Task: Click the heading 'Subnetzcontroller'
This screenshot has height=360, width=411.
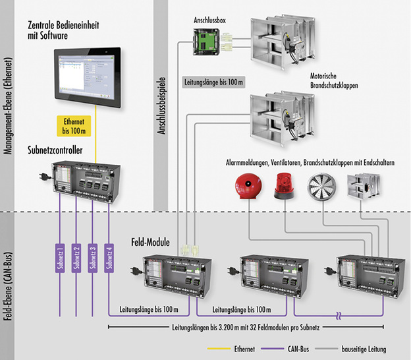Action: pyautogui.click(x=55, y=151)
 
